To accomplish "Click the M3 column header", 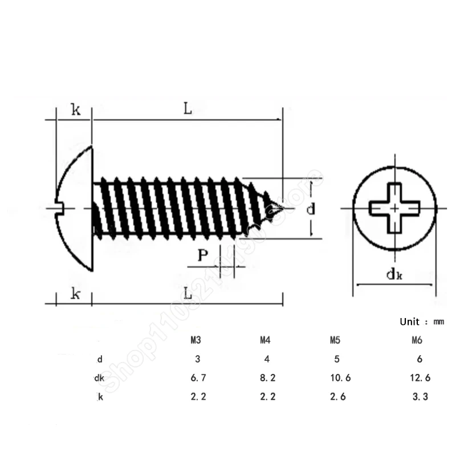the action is click(x=195, y=341).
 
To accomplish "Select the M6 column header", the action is click(x=416, y=341).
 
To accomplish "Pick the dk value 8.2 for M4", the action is click(x=268, y=377).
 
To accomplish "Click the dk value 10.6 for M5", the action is click(x=340, y=377).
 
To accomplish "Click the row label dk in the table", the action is click(x=99, y=377).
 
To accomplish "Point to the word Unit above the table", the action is click(x=409, y=322).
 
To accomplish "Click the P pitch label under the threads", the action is click(x=202, y=255).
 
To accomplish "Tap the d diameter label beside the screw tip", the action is click(x=311, y=209).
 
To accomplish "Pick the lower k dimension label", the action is click(x=75, y=294).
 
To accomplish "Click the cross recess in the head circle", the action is click(x=394, y=209).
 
